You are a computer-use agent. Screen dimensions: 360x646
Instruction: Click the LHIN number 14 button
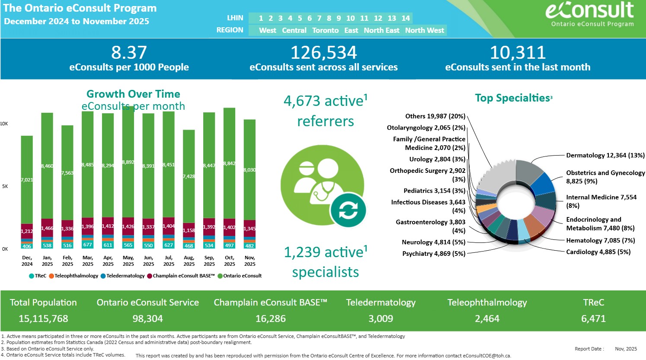406,18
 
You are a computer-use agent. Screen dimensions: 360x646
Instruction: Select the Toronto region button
325,30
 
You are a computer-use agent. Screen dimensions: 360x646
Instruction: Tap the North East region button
381,30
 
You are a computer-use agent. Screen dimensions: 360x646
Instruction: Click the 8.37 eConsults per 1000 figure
129,53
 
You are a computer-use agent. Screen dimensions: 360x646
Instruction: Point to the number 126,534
323,53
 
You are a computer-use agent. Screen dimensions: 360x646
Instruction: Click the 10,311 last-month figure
518,53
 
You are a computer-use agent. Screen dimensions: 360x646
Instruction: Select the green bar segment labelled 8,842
229,163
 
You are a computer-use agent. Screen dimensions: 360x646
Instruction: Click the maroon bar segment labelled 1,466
47,228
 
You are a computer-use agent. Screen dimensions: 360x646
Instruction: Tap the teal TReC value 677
88,245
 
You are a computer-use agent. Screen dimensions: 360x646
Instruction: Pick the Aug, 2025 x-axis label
189,261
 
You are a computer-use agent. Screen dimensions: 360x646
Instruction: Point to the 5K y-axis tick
5,186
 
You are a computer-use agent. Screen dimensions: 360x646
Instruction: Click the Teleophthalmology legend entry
74,276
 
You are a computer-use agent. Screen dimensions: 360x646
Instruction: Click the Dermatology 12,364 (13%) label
605,155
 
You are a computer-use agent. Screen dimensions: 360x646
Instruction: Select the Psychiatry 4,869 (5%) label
434,254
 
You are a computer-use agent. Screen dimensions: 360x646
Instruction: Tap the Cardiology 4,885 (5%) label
598,252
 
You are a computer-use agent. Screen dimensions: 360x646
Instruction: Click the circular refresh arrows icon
348,211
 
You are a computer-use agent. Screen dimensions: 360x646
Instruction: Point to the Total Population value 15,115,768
43,319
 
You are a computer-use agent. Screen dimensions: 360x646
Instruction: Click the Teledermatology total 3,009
381,319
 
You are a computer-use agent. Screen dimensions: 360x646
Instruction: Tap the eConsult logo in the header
590,13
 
